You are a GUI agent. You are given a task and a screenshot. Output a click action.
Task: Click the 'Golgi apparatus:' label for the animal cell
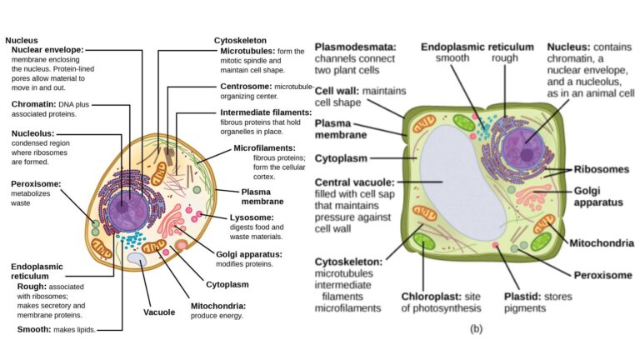[x=249, y=253]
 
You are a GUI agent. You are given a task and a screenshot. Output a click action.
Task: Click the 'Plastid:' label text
[x=522, y=295]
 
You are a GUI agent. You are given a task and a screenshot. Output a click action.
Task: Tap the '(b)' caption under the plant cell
[x=476, y=328]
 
